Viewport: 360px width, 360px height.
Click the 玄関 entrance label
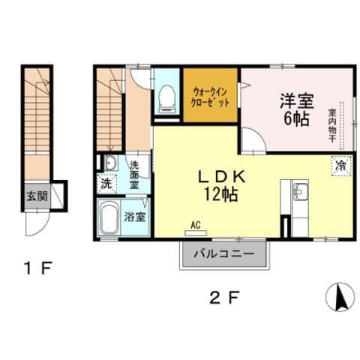coord(37,196)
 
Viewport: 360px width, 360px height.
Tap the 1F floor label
coord(37,268)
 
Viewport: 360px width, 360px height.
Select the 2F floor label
coord(224,298)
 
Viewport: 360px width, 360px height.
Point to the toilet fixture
coord(166,98)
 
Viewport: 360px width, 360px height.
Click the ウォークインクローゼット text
coord(210,98)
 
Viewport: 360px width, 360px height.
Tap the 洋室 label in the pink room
coord(296,101)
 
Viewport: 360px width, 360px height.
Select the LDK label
coord(221,178)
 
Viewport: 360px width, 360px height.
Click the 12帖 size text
coord(221,194)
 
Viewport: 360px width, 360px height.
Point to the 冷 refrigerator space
coord(341,166)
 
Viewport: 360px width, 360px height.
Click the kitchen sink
coord(301,191)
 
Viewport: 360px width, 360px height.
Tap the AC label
coord(196,225)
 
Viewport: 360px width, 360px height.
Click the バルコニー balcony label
coord(224,254)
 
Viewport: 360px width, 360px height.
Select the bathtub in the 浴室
coord(108,217)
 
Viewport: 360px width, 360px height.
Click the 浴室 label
coord(135,217)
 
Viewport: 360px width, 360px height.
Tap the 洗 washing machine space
coord(106,184)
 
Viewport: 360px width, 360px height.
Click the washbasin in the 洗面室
coord(111,163)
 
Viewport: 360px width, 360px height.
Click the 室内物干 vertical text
coord(332,125)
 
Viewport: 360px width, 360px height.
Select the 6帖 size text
coord(296,118)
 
